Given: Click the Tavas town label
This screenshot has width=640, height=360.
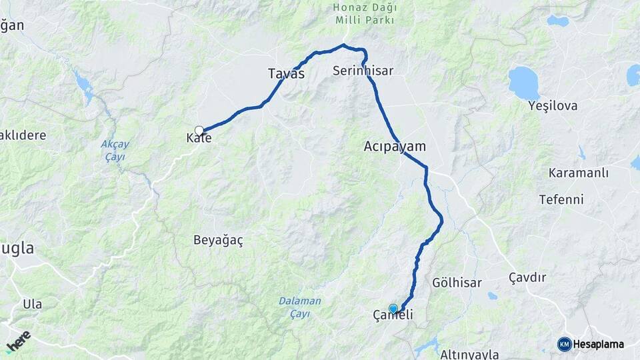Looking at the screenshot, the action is coord(286,74).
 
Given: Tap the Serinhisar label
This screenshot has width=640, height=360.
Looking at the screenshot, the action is coord(363,70).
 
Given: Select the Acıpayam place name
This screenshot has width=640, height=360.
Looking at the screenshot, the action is coord(395,145).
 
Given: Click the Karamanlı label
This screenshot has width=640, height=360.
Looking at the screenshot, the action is coord(579,173).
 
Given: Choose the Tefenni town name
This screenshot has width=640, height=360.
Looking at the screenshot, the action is coord(561,199).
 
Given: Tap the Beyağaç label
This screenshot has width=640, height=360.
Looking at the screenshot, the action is coord(218,241).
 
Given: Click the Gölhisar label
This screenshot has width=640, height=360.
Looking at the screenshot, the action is coord(457,283).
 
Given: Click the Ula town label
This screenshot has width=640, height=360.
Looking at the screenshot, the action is coord(32,304).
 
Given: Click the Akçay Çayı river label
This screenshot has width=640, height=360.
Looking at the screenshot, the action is coord(115,150).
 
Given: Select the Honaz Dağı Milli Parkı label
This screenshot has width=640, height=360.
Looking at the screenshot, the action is coord(364,14).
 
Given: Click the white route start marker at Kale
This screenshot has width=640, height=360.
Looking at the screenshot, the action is coord(199,131).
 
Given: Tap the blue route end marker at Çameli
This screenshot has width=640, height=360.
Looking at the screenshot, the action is coord(393,309).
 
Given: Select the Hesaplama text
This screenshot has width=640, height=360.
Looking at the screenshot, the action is coord(599,345).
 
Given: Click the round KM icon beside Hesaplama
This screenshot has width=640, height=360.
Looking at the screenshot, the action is coord(564,345).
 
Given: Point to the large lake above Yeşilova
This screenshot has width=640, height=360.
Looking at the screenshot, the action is coord(524,82).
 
